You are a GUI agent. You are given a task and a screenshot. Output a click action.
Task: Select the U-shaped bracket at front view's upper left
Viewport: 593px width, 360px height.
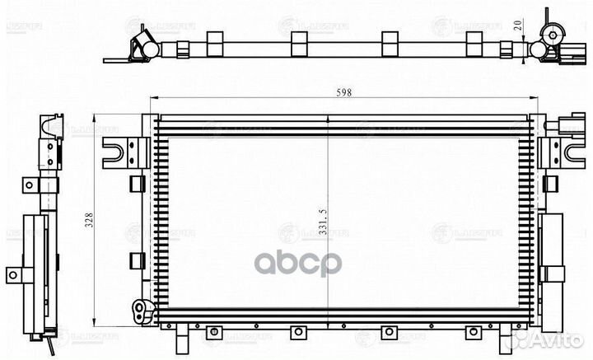point(118,151)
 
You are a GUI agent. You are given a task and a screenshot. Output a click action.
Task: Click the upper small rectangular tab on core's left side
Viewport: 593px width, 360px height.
point(133,180)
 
